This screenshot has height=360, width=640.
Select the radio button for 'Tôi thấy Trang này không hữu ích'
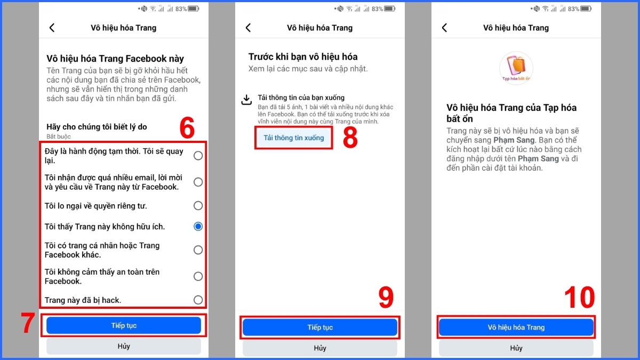(198, 227)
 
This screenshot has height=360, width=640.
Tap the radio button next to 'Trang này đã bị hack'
(198, 300)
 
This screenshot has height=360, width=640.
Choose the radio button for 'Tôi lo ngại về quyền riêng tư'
(198, 206)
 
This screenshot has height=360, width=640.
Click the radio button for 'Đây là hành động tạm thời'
(198, 156)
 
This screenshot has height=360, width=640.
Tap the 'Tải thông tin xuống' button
(293, 138)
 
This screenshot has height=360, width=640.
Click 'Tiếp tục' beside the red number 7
(124, 325)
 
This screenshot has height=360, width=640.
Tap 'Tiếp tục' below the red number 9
(320, 327)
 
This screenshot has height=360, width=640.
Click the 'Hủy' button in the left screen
(124, 346)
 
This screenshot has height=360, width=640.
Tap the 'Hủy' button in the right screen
(516, 348)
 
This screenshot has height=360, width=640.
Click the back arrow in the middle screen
(248, 28)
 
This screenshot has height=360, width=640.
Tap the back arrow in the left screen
(52, 28)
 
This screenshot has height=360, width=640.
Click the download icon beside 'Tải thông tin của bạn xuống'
(246, 100)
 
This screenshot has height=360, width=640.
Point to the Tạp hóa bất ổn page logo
(516, 68)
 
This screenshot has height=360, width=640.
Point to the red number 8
(350, 138)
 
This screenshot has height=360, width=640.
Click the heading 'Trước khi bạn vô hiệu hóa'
(303, 57)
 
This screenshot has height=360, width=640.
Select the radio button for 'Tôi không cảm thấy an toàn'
(198, 276)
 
